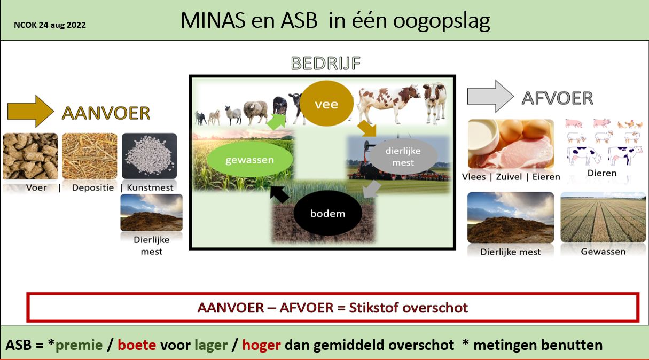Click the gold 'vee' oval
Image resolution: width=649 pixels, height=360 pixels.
326,104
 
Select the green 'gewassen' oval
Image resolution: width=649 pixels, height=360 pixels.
250,160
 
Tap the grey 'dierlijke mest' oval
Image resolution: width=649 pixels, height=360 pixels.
403,156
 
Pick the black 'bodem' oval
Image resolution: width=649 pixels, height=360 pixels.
327,213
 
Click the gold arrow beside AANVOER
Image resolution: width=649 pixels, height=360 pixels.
30,111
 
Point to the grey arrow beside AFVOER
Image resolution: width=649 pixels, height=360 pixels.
490,96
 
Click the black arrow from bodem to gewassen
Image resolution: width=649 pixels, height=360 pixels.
279,194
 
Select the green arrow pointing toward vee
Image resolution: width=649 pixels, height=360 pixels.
276,121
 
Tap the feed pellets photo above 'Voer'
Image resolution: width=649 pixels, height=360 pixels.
30,156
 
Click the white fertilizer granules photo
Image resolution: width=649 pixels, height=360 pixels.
149,156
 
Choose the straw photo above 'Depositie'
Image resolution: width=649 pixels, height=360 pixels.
90,156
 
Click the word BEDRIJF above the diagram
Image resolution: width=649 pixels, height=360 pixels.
326,63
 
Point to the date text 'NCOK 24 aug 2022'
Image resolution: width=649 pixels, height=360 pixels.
50,25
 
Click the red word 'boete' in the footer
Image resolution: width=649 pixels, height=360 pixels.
137,345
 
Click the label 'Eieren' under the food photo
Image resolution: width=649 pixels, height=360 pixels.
546,177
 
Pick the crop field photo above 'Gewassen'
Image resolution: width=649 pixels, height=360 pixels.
603,217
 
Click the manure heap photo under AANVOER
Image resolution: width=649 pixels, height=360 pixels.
152,213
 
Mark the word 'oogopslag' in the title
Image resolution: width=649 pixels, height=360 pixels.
442,21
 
